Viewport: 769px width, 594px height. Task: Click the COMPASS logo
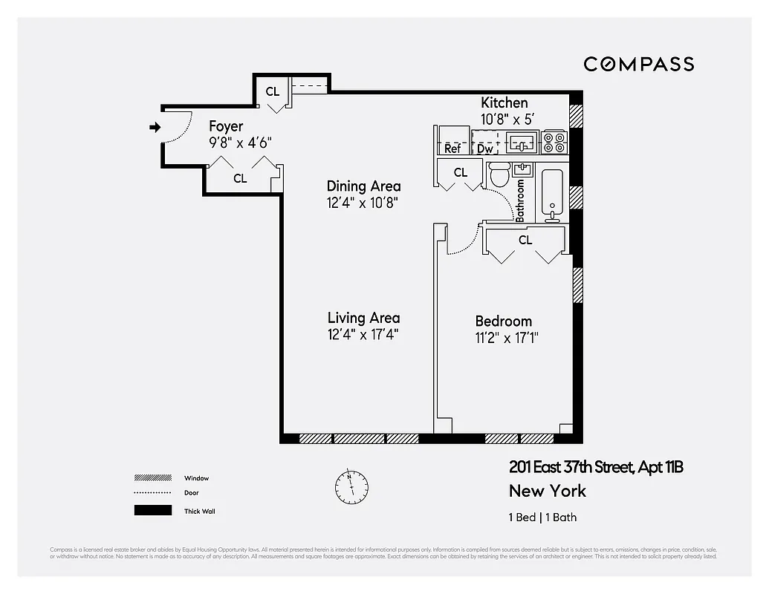[638, 64]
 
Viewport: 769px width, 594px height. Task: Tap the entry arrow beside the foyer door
[155, 128]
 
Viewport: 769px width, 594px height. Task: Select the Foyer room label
[225, 126]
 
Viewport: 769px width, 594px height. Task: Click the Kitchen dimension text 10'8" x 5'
[508, 119]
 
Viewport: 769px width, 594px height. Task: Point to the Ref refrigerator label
[452, 149]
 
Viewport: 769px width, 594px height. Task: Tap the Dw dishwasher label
[485, 149]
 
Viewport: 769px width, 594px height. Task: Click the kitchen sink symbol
[523, 140]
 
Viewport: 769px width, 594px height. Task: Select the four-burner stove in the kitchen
[554, 141]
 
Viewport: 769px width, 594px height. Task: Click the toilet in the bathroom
[499, 175]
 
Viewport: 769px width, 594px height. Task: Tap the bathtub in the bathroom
[552, 195]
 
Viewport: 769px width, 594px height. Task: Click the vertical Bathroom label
[520, 200]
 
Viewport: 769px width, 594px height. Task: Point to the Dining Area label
[363, 186]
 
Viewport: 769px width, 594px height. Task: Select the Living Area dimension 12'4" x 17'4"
[363, 335]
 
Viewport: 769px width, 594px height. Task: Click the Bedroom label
[503, 321]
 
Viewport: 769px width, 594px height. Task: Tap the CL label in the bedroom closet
[525, 240]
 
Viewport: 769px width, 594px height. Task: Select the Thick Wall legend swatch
[152, 511]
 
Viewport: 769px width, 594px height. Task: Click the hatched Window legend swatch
[152, 478]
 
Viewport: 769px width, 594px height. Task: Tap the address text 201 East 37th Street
[571, 467]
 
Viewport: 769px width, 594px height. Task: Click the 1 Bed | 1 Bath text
[542, 518]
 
